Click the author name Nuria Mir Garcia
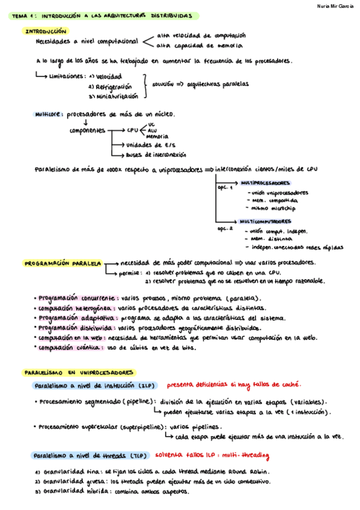point(335,5)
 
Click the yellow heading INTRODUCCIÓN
point(45,31)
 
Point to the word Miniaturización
point(116,96)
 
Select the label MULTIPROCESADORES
point(264,182)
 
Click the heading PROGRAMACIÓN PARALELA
point(62,263)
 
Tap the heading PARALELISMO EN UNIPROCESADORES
point(79,373)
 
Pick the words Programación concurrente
point(77,298)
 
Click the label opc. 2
point(224,229)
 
